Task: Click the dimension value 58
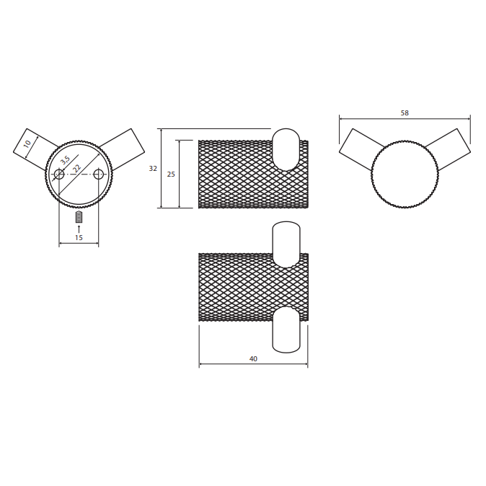pos(405,112)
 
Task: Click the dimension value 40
pos(253,358)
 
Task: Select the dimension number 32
pos(153,168)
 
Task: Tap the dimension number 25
pos(171,174)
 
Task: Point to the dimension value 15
pos(79,237)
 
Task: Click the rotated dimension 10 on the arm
pos(27,144)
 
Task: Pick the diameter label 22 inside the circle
pos(76,168)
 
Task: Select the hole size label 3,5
pos(65,160)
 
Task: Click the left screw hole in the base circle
pos(59,174)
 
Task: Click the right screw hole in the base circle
pos(98,174)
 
